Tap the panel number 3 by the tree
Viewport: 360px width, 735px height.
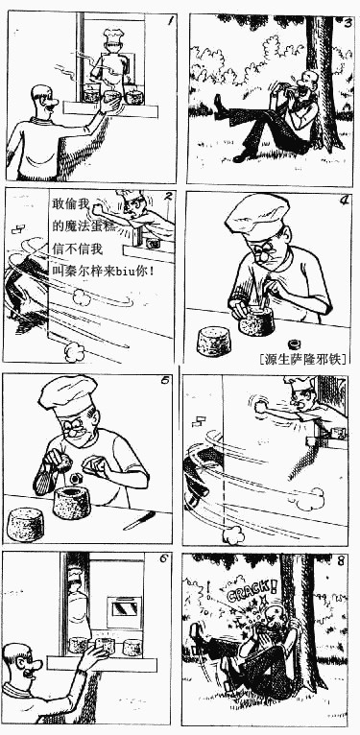(x=347, y=22)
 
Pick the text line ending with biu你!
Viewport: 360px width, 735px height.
(x=103, y=271)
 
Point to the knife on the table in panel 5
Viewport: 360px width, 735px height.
(x=139, y=520)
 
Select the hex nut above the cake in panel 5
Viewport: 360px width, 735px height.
(x=75, y=478)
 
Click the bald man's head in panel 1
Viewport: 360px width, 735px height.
(x=43, y=100)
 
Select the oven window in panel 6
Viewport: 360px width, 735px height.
(x=124, y=608)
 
